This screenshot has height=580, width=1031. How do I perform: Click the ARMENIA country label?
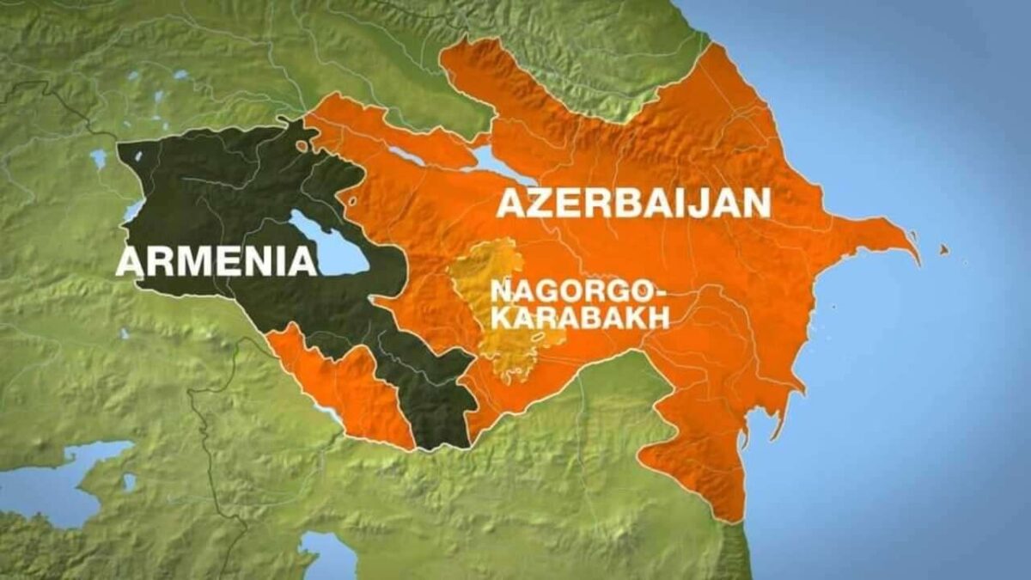216,260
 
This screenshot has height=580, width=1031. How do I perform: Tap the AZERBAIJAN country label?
633,203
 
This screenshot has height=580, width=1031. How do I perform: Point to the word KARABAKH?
578,318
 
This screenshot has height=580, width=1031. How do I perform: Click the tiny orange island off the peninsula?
943,249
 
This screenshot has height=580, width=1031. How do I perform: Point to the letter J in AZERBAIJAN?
693,203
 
